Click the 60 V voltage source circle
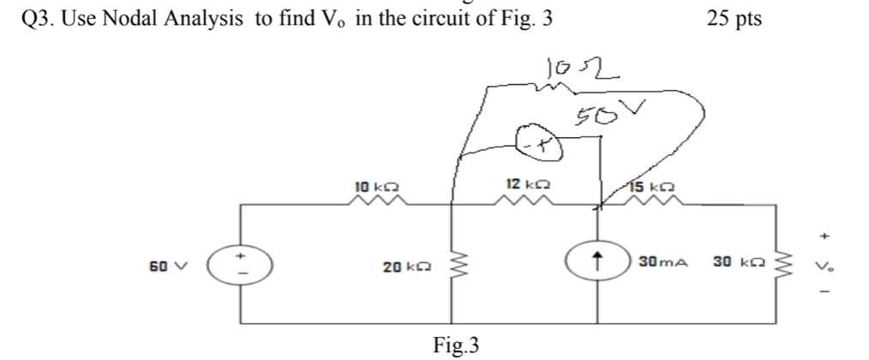[242, 263]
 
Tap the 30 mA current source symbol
[597, 263]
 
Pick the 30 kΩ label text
[730, 261]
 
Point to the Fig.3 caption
[456, 345]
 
